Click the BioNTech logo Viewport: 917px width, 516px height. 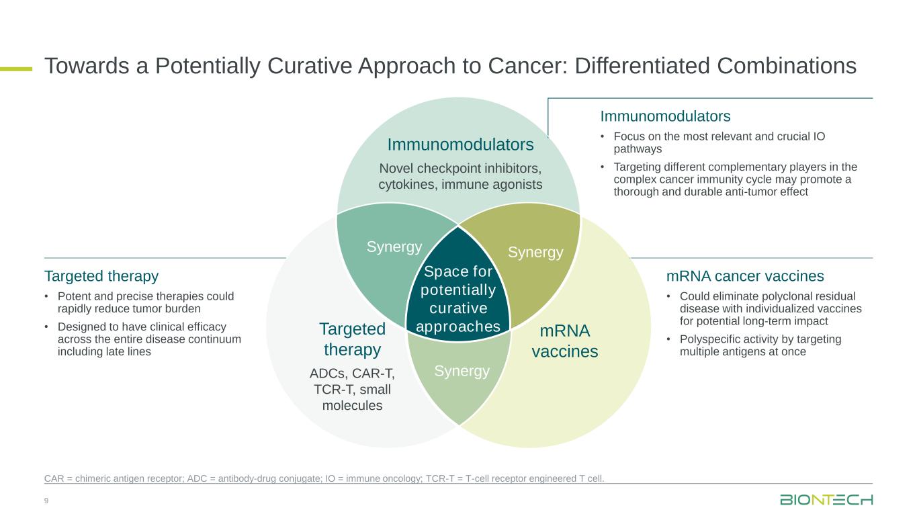826,500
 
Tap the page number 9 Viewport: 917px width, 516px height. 46,501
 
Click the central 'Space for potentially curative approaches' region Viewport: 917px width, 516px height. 458,299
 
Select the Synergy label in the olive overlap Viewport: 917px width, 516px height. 535,253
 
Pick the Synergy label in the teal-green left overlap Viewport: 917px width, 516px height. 394,247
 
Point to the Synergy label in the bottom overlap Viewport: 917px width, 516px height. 462,371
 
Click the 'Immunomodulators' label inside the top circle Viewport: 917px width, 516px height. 460,144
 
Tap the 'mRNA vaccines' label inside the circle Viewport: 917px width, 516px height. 564,341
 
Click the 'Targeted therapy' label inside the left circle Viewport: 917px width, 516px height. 352,339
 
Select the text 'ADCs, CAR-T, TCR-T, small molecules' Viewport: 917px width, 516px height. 352,389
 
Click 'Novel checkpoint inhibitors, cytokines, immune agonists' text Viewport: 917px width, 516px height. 460,175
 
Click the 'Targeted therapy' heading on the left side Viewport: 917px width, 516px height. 101,276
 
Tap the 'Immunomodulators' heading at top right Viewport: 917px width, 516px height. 665,116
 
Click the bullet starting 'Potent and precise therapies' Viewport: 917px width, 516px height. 146,302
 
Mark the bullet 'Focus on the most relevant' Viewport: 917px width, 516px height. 719,142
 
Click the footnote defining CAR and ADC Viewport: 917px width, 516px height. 324,478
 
